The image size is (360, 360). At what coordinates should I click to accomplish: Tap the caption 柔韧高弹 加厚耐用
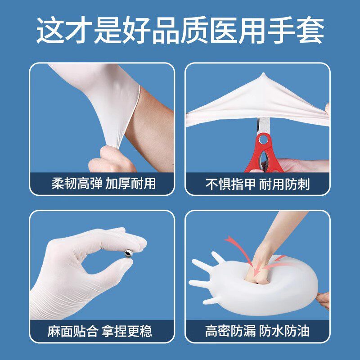102,184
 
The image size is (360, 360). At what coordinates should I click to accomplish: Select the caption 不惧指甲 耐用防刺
258,184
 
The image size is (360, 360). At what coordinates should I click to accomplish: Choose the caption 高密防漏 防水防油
257,332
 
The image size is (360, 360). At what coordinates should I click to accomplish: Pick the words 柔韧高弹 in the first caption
75,184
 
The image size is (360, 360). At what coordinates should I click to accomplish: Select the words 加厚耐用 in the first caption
130,184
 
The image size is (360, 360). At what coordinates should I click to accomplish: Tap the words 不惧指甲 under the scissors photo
229,184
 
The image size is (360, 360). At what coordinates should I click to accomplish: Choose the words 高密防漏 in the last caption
229,332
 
